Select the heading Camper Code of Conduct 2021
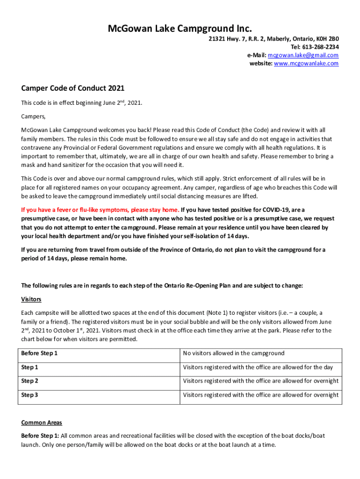72,88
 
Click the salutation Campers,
33,116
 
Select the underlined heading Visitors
31,299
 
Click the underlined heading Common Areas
42,422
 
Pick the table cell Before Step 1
39,353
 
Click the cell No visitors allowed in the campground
233,353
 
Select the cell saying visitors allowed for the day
258,367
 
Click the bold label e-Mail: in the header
257,55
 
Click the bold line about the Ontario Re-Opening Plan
162,286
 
